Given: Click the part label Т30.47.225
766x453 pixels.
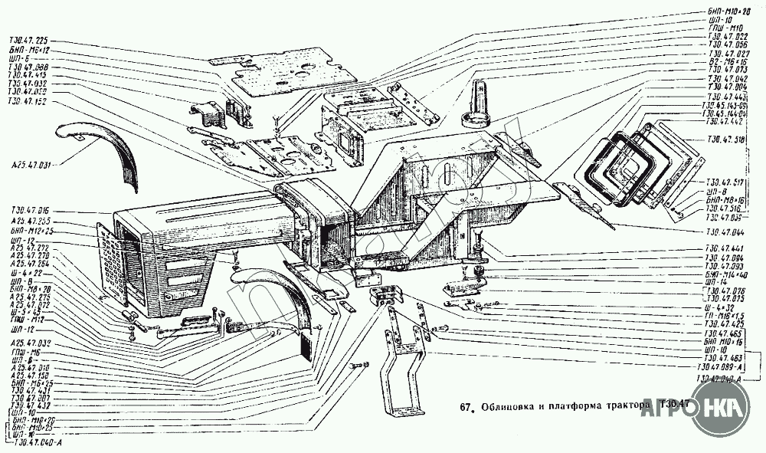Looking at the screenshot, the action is point(28,41).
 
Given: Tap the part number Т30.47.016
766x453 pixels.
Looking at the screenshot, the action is point(29,209).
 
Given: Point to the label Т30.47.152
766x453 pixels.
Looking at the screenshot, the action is point(28,100).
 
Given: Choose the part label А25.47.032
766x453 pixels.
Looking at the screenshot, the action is point(29,343).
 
